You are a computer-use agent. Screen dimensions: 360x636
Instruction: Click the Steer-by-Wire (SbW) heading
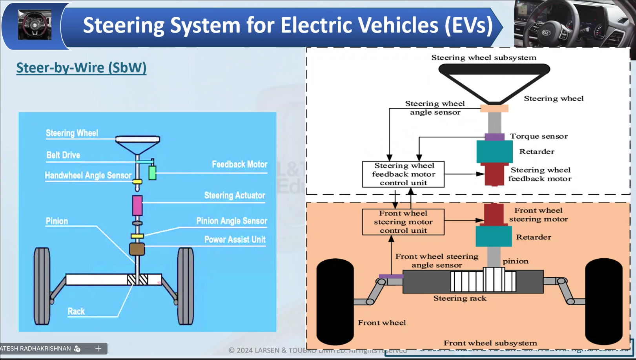pyautogui.click(x=81, y=68)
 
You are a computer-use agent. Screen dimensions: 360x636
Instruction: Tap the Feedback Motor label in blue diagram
pyautogui.click(x=239, y=164)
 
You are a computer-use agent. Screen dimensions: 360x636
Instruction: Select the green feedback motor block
pyautogui.click(x=153, y=173)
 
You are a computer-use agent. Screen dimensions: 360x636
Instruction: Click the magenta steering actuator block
pyautogui.click(x=137, y=205)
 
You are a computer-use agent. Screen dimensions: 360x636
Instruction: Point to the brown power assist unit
pyautogui.click(x=137, y=249)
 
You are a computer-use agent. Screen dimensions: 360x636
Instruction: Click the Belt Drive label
pyautogui.click(x=63, y=155)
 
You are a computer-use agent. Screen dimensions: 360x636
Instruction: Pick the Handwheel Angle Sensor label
pyautogui.click(x=88, y=175)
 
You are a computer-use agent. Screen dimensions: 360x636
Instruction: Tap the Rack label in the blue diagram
pyautogui.click(x=76, y=311)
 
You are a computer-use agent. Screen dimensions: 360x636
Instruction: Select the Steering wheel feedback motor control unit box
pyautogui.click(x=403, y=174)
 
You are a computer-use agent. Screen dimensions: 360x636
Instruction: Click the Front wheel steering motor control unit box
pyautogui.click(x=403, y=222)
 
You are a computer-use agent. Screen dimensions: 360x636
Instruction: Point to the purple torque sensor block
pyautogui.click(x=494, y=137)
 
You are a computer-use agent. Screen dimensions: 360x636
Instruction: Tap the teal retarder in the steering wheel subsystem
pyautogui.click(x=494, y=152)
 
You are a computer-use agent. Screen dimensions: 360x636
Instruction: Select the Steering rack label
pyautogui.click(x=460, y=298)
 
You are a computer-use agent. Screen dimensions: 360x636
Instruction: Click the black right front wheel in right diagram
pyautogui.click(x=603, y=302)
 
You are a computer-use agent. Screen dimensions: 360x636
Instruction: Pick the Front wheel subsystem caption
pyautogui.click(x=490, y=343)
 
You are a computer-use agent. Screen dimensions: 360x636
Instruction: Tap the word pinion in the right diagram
pyautogui.click(x=516, y=261)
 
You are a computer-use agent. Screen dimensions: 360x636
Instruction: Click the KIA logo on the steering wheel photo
pyautogui.click(x=546, y=33)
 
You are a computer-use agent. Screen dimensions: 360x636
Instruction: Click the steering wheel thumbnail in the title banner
pyautogui.click(x=35, y=25)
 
